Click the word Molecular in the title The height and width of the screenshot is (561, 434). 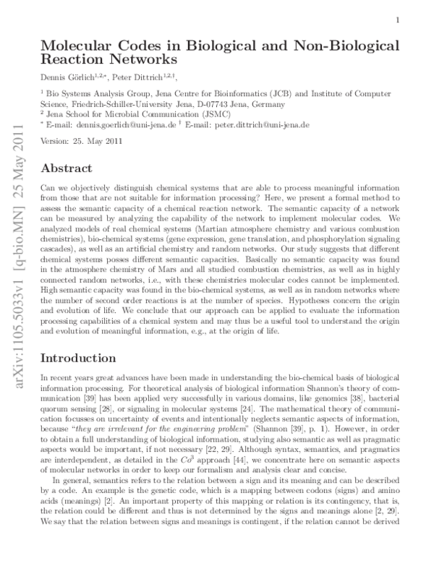81,46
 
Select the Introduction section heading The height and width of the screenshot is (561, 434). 78,357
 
